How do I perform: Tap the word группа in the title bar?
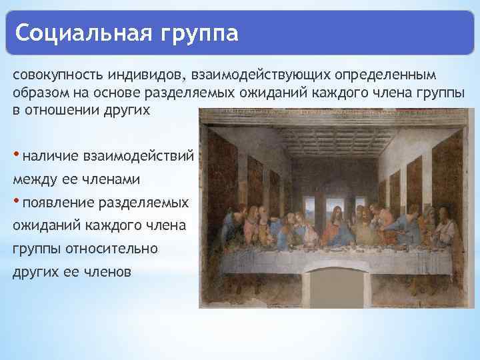tap(199, 32)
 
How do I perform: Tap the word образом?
tap(37, 92)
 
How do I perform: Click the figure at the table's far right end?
tap(448, 230)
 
